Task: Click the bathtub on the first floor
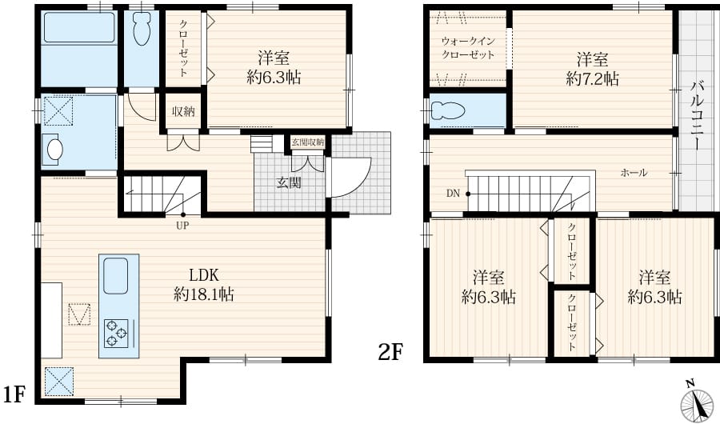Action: (79, 28)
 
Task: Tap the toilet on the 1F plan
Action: (141, 28)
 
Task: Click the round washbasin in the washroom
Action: (55, 149)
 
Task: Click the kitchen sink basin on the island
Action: (116, 276)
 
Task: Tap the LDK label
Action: (204, 275)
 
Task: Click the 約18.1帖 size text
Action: (204, 294)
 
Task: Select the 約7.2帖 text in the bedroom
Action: (592, 79)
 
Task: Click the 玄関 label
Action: (289, 183)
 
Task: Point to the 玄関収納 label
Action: (307, 142)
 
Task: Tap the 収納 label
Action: (183, 111)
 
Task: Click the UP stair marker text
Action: (182, 225)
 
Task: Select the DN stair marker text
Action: (453, 194)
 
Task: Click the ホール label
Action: (634, 173)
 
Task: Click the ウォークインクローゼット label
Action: (468, 48)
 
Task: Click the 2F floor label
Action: (390, 353)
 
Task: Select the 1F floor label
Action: (14, 394)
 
